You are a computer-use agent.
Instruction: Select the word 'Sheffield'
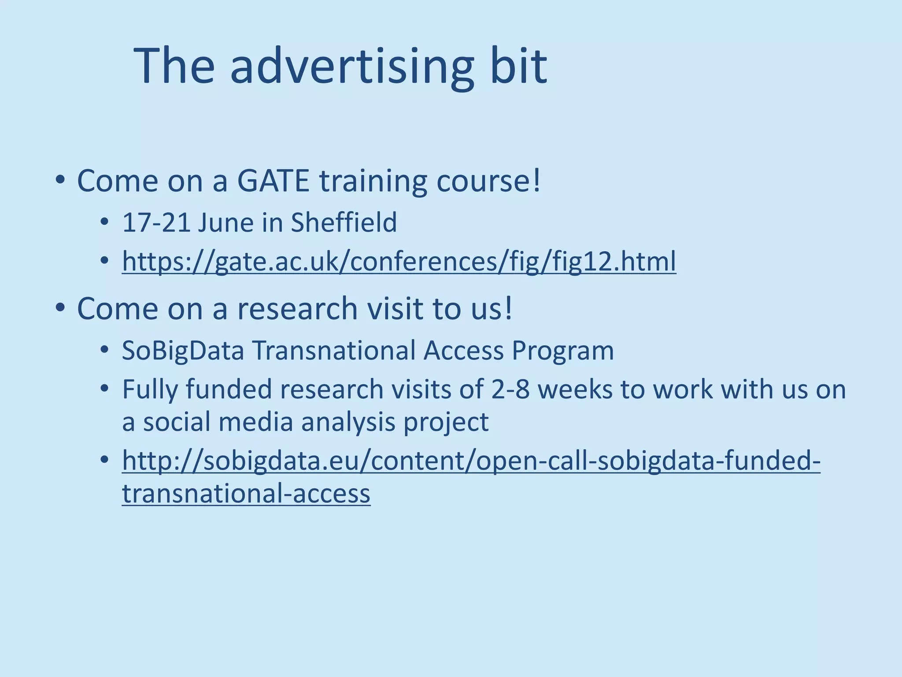pos(344,222)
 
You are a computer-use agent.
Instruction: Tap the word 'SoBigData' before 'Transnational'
pos(183,351)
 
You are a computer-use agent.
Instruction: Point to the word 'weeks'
pos(575,390)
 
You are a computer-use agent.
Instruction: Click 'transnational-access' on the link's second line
pos(246,493)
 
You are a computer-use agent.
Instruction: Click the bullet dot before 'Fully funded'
pos(104,389)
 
